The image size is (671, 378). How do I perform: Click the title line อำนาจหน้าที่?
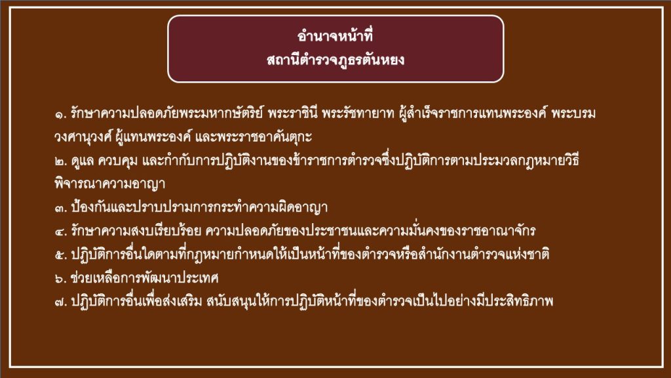[x=335, y=36]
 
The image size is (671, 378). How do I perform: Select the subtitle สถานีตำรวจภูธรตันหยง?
[x=335, y=60]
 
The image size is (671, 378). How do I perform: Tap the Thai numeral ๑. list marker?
[x=61, y=114]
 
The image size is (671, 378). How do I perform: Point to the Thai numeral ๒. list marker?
[x=61, y=161]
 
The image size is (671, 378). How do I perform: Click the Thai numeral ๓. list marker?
[x=61, y=208]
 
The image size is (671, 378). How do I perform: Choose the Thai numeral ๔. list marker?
[x=61, y=232]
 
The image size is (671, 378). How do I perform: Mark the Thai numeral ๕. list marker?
[x=61, y=255]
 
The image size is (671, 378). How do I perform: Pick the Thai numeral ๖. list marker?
[x=61, y=279]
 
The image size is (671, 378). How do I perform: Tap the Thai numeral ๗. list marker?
[x=61, y=303]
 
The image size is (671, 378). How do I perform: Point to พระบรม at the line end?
[x=573, y=114]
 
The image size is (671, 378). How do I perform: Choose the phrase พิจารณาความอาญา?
[x=110, y=184]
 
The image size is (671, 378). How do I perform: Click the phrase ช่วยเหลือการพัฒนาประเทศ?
[x=145, y=278]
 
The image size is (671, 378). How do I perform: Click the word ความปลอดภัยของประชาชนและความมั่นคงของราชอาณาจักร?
[x=371, y=232]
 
